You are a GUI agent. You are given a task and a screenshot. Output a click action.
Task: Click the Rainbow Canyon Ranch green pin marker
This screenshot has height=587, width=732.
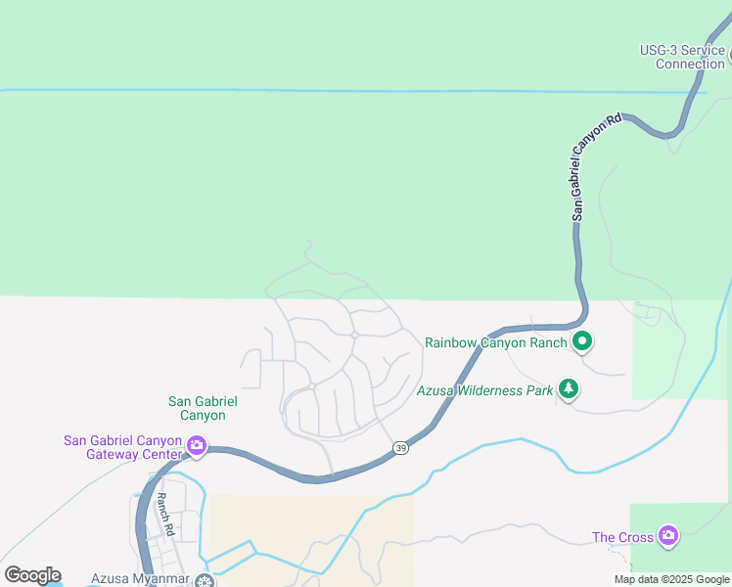point(582,341)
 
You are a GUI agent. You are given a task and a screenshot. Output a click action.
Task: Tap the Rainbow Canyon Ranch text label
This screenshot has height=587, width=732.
point(496,342)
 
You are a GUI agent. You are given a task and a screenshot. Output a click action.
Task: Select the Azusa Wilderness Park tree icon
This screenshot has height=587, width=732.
point(569,389)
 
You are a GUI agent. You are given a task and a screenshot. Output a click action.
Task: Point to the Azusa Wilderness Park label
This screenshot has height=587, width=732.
point(484,389)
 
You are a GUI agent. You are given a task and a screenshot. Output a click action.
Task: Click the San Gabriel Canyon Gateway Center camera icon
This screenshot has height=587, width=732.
point(196,447)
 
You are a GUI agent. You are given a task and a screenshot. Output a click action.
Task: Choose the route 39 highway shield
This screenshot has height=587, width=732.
point(401,447)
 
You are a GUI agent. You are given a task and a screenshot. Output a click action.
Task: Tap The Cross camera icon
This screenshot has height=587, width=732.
point(668,535)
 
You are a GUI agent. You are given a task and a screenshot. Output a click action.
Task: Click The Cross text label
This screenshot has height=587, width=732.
point(622,537)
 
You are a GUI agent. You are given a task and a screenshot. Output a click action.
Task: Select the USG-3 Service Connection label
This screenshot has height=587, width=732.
point(683,57)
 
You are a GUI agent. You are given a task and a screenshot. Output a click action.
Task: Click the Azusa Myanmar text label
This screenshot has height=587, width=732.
point(140,579)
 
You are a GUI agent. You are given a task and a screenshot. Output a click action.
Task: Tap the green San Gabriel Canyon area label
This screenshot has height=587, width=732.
point(204,408)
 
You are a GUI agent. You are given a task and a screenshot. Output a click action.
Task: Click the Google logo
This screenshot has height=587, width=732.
point(32,575)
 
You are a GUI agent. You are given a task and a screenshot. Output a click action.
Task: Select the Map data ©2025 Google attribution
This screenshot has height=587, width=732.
point(672,579)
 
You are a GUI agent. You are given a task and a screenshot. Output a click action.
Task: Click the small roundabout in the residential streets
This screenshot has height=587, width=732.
point(354,335)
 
